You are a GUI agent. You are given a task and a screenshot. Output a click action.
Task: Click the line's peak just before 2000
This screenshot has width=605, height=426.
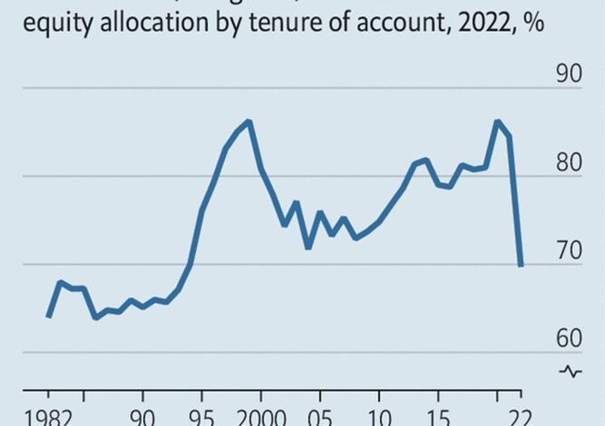click(249, 121)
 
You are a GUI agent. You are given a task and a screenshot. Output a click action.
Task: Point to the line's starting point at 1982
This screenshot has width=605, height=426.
click(48, 316)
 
